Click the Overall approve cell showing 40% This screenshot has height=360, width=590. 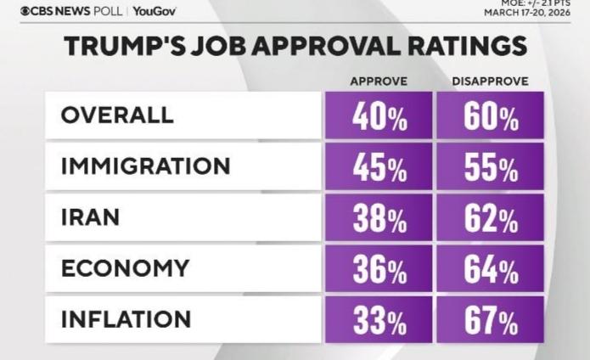click(x=379, y=116)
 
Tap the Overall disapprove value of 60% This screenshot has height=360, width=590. click(x=491, y=116)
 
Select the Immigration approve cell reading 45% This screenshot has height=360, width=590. click(x=379, y=166)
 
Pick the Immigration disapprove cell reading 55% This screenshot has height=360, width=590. click(x=491, y=166)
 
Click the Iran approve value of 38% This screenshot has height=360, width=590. click(x=379, y=218)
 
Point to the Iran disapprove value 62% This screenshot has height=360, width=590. click(x=491, y=218)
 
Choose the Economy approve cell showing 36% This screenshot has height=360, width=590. click(x=379, y=269)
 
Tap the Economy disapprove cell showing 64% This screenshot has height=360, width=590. click(x=491, y=269)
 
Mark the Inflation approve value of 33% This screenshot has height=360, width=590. click(x=379, y=320)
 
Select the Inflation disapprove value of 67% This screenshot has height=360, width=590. click(x=491, y=320)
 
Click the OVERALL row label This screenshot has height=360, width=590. click(x=117, y=115)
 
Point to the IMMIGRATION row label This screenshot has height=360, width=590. click(x=145, y=166)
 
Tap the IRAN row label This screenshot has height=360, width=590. click(x=90, y=217)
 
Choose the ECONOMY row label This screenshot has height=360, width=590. click(x=125, y=268)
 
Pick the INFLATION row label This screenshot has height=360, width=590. click(x=126, y=319)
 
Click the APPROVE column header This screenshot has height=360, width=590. click(x=379, y=81)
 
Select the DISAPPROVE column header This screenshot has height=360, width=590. click(x=491, y=81)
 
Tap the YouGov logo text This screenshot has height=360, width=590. click(x=154, y=11)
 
